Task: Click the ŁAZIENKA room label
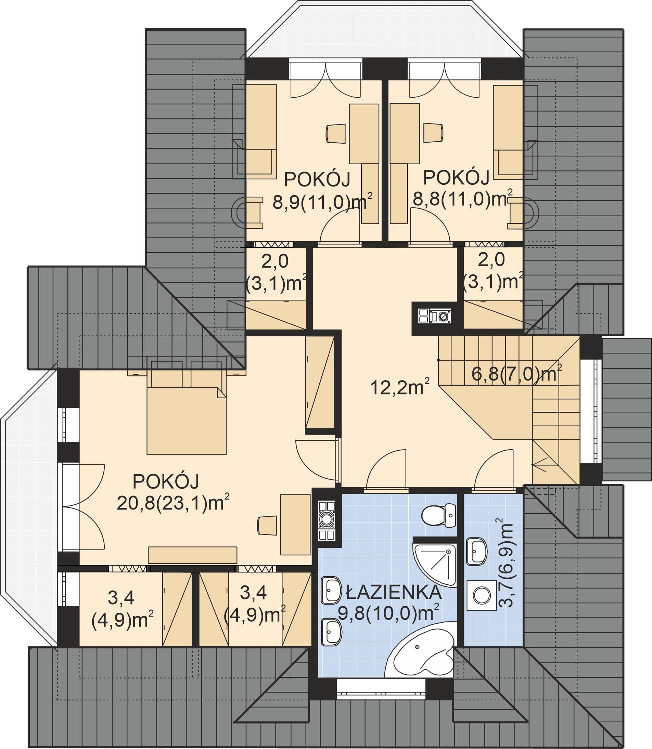point(394,593)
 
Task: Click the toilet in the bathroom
point(439,515)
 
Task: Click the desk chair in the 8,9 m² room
point(335,133)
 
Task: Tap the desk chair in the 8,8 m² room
point(433,133)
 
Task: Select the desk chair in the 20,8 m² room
point(267,525)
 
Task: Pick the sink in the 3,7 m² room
point(477,552)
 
